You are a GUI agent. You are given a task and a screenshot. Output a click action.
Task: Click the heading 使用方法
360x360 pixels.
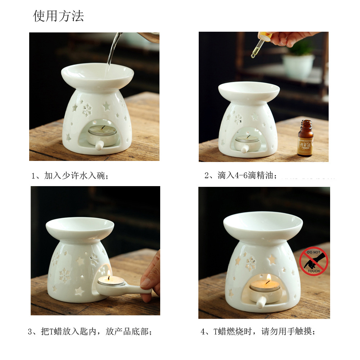point(58,16)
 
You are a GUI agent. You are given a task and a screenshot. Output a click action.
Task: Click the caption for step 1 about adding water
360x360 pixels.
point(70,176)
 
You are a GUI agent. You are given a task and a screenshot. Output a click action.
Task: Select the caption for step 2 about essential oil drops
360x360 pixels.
point(241,176)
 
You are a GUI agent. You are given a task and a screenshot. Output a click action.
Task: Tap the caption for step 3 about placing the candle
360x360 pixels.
point(90,332)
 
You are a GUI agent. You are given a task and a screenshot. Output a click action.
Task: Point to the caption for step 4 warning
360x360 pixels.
point(258,332)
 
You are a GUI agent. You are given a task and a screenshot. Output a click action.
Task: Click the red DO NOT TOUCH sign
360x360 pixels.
point(314,261)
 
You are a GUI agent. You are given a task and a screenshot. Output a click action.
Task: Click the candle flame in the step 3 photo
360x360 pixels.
point(109,275)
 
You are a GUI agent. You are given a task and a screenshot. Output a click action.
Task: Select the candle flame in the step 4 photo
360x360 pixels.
point(268,278)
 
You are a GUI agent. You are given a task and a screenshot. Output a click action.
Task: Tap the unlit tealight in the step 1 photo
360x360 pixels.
point(102,131)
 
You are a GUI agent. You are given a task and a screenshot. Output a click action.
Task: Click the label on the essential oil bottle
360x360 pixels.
point(305,143)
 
